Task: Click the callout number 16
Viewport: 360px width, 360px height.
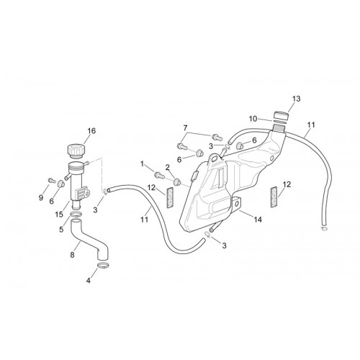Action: (x=91, y=131)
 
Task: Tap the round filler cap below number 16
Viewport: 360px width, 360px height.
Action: (x=76, y=151)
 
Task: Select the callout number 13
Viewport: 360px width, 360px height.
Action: (x=297, y=99)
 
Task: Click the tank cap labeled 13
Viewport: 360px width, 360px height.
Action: (x=281, y=115)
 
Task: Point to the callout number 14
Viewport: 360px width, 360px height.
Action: (x=258, y=220)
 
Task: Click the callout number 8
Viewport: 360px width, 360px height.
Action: (x=72, y=255)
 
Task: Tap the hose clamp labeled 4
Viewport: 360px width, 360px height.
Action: (x=104, y=266)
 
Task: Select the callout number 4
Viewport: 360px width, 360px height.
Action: (x=89, y=280)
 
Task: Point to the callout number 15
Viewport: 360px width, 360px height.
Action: (x=59, y=215)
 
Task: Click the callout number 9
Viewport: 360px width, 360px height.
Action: (x=41, y=198)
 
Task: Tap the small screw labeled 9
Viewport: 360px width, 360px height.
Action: (x=52, y=179)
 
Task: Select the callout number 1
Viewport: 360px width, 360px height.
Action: (x=143, y=164)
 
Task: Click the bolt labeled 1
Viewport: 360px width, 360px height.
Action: (x=159, y=175)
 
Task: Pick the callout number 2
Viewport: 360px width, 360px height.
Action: (x=167, y=167)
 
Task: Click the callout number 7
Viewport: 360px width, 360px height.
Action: (x=185, y=128)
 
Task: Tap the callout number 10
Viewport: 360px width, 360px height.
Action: (x=253, y=119)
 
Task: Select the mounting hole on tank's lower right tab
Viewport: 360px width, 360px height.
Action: (x=238, y=204)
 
